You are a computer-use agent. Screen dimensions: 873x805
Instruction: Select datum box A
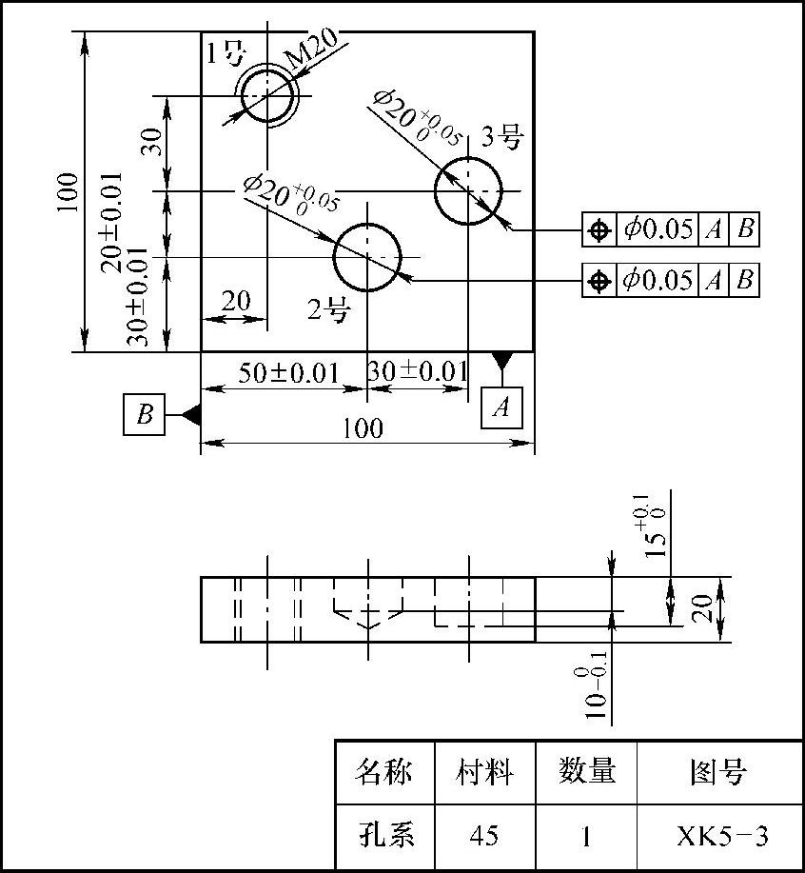pyautogui.click(x=501, y=407)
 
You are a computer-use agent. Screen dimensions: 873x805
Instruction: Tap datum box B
pyautogui.click(x=145, y=414)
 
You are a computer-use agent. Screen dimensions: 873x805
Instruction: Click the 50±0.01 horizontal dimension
pyautogui.click(x=288, y=372)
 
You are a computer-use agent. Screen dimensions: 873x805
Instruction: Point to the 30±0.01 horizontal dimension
pyautogui.click(x=418, y=372)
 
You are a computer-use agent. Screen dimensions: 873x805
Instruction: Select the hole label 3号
pyautogui.click(x=501, y=137)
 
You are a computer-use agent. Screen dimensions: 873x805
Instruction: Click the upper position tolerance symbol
pyautogui.click(x=599, y=229)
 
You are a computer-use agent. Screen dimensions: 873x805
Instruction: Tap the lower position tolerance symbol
pyautogui.click(x=599, y=281)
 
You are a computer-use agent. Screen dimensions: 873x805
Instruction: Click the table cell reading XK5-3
pyautogui.click(x=721, y=837)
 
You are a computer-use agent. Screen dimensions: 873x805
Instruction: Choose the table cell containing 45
pyautogui.click(x=484, y=837)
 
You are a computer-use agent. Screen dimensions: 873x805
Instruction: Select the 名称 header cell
pyautogui.click(x=383, y=772)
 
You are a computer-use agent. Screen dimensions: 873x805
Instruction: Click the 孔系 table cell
pyautogui.click(x=383, y=837)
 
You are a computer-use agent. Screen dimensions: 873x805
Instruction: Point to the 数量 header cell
pyautogui.click(x=585, y=772)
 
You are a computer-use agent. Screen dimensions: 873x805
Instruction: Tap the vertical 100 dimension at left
pyautogui.click(x=67, y=192)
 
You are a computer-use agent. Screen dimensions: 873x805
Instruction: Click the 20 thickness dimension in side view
pyautogui.click(x=702, y=609)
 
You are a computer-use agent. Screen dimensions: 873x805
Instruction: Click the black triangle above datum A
pyautogui.click(x=501, y=361)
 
